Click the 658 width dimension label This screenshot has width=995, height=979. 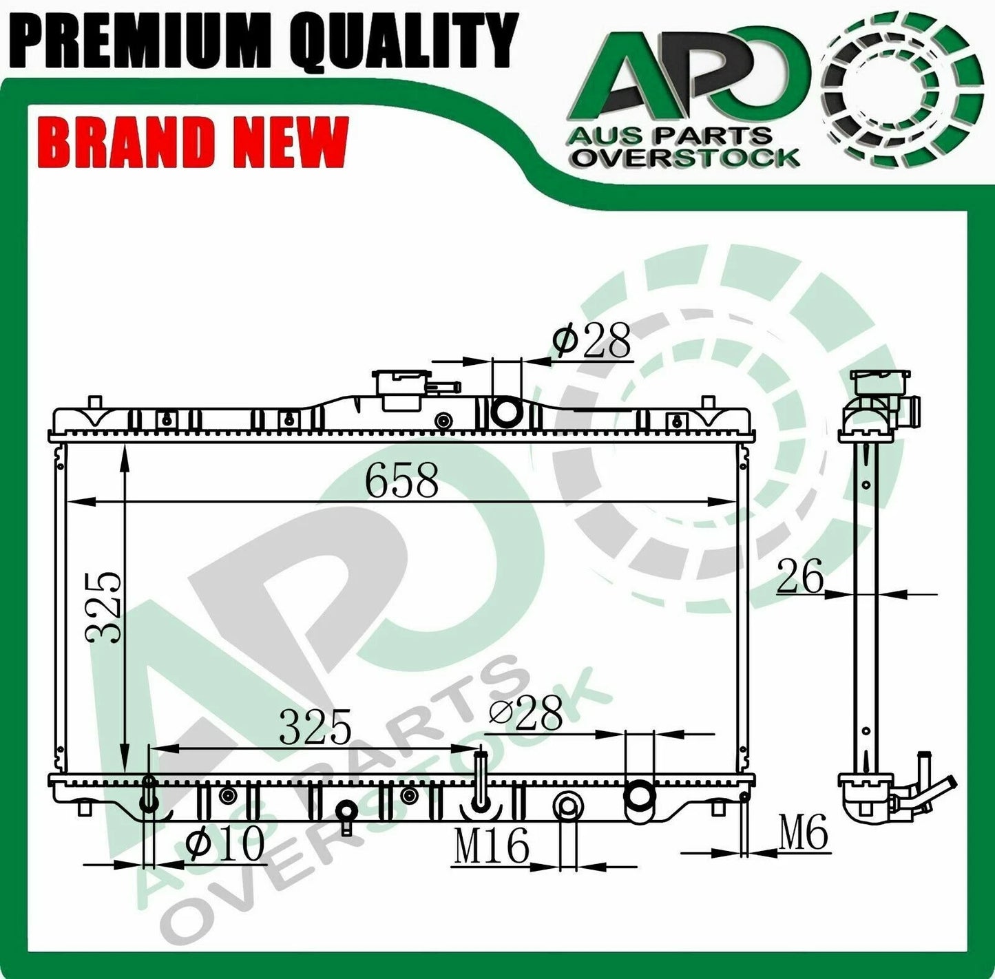coord(401,480)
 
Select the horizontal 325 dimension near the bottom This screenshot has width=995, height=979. coord(315,728)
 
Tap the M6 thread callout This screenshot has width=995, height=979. coord(803,834)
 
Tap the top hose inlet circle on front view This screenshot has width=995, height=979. coord(509,412)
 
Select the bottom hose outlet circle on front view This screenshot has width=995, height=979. coord(638,795)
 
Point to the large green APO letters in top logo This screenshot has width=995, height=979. coord(689,83)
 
